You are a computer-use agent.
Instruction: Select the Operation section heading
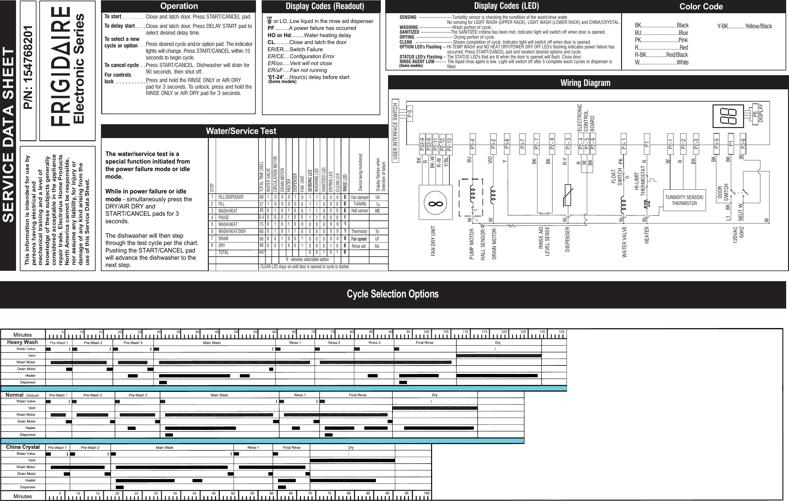click(x=179, y=6)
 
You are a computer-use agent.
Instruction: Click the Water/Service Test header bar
click(x=241, y=131)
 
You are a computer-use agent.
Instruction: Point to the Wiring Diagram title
click(x=585, y=83)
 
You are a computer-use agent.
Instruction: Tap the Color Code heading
click(x=701, y=7)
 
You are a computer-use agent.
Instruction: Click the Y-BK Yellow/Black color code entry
click(x=744, y=26)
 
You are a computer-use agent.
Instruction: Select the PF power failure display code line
click(x=312, y=28)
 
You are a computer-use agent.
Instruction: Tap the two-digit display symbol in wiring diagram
click(x=728, y=116)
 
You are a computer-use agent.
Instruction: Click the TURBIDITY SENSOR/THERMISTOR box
click(x=684, y=200)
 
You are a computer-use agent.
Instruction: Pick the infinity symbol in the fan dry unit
click(x=436, y=203)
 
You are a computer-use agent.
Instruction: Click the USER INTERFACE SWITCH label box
click(x=396, y=131)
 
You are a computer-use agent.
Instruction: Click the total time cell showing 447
click(x=261, y=252)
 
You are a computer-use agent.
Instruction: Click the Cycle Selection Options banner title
click(x=392, y=294)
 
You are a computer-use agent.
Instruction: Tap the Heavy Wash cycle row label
click(x=22, y=342)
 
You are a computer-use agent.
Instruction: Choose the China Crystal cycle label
click(x=23, y=447)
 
